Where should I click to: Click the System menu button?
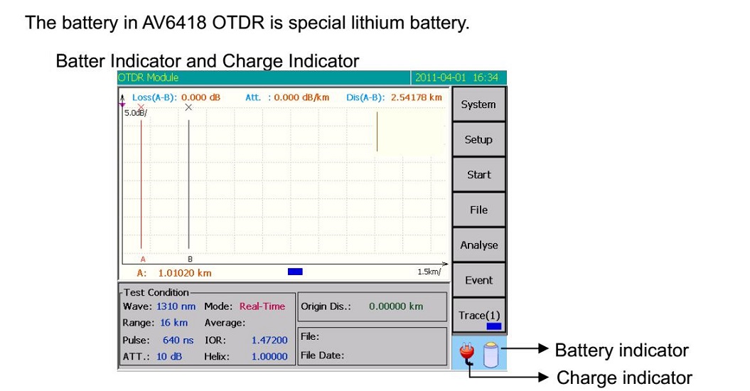pos(478,105)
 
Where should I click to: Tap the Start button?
pos(478,175)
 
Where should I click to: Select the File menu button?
pos(478,210)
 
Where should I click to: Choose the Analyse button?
pos(478,245)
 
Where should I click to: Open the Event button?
pos(478,280)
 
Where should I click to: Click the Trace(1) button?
pos(478,316)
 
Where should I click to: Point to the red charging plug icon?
pos(467,353)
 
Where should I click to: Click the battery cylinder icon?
pos(491,355)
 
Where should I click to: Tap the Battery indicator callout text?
pos(621,350)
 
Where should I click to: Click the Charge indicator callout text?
pos(624,377)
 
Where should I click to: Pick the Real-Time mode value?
pos(262,306)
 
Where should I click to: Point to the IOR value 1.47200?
pos(269,341)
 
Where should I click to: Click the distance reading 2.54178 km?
pos(416,97)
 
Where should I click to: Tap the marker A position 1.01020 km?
pos(185,273)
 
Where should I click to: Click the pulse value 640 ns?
pos(178,341)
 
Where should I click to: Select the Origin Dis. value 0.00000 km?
pos(396,306)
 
